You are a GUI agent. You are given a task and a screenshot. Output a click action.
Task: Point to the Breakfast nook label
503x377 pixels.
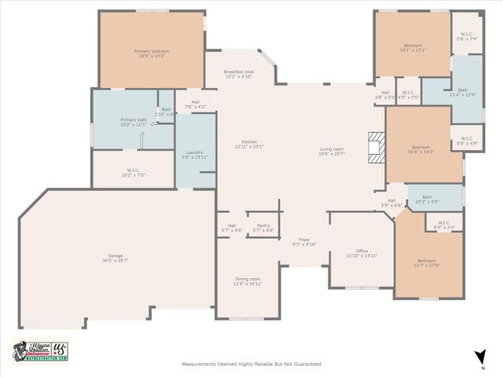[237, 74]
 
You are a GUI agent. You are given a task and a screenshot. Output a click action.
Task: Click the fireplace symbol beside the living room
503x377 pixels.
[377, 147]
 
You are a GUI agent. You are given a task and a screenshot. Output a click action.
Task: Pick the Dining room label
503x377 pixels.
[248, 281]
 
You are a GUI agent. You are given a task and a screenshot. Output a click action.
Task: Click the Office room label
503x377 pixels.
[362, 253]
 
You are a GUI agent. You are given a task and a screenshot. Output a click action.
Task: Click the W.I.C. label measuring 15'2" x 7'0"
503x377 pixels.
[133, 171]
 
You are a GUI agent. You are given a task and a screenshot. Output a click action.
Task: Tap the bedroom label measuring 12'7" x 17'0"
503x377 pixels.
[426, 262]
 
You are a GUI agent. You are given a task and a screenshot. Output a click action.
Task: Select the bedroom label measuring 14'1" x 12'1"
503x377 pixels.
[413, 47]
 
